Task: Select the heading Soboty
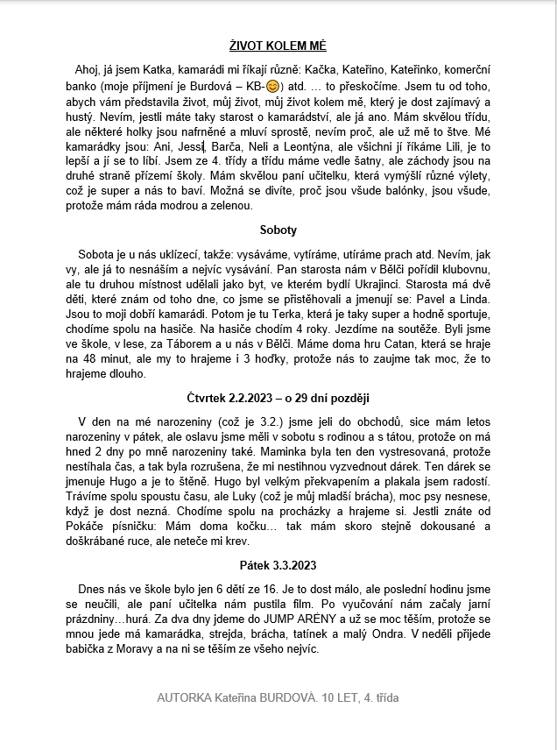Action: click(x=278, y=230)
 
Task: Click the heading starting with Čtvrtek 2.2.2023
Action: click(x=278, y=398)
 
